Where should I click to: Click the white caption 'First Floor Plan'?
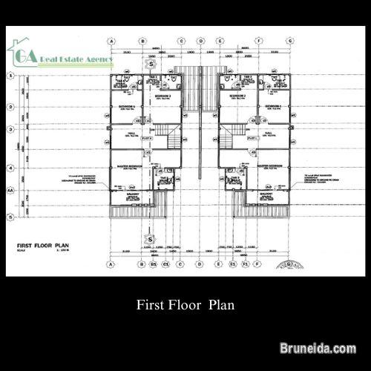point(185,303)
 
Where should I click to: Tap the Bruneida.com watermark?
point(325,347)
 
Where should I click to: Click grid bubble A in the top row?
point(111,40)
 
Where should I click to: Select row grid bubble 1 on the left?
point(10,76)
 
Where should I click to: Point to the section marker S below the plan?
point(150,240)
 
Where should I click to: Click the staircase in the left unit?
point(172,138)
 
